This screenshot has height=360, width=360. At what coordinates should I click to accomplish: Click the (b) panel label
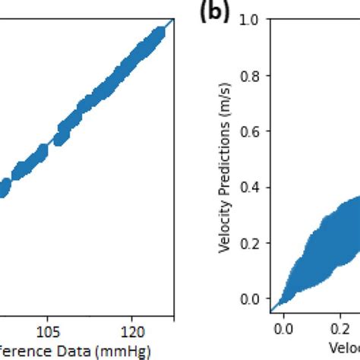pyautogui.click(x=215, y=15)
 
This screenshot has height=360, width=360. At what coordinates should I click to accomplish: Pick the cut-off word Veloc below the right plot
pyautogui.click(x=344, y=349)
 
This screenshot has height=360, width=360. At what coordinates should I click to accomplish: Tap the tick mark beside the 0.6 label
pyautogui.click(x=267, y=131)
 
